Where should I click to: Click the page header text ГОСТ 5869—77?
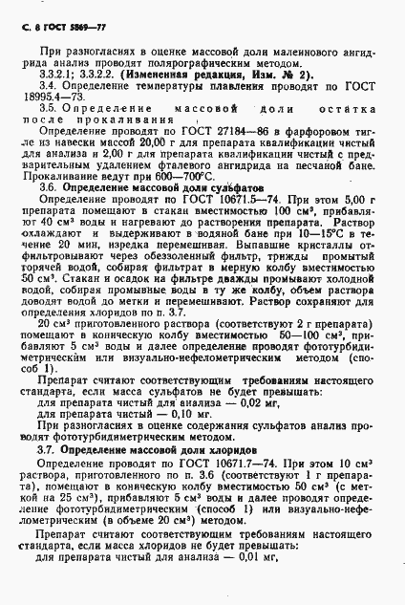point(67,12)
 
